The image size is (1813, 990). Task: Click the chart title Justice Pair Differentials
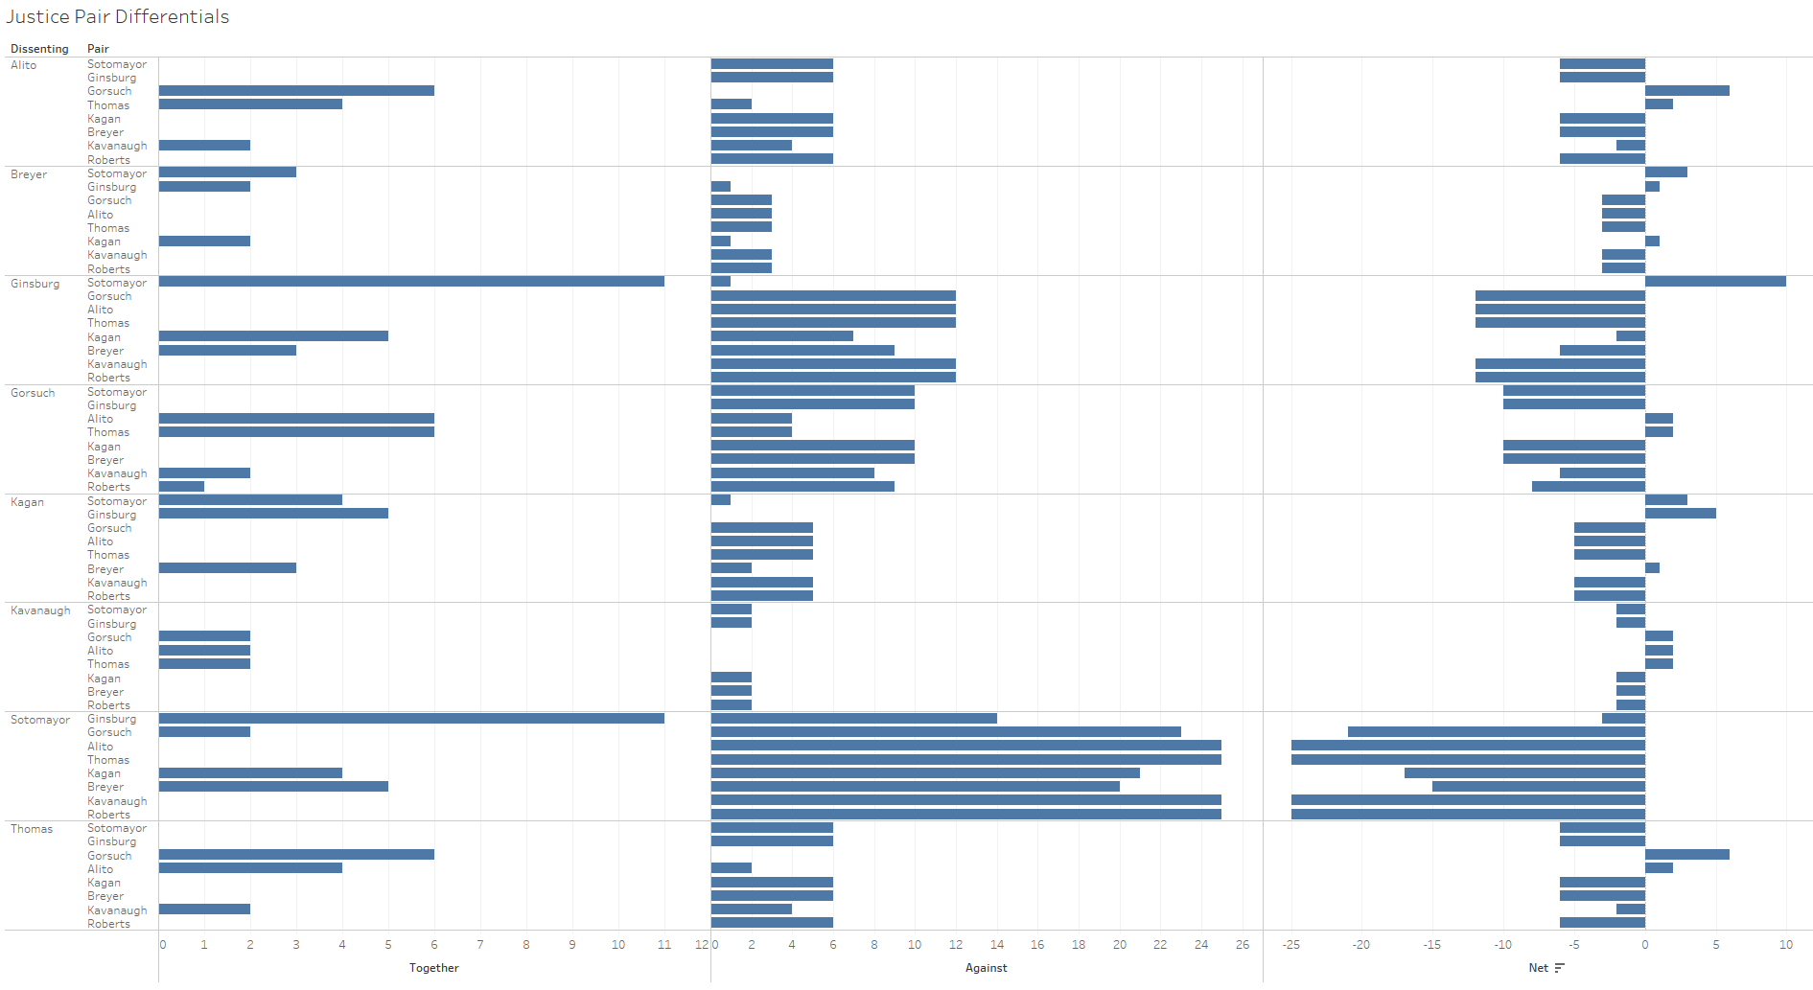tap(118, 17)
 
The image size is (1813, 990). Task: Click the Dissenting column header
tap(39, 49)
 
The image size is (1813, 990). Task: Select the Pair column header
tap(98, 49)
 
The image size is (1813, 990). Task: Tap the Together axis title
tap(433, 968)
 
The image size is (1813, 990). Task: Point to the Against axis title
tap(986, 968)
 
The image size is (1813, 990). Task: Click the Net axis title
tap(1538, 968)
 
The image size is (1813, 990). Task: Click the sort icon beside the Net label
tap(1560, 968)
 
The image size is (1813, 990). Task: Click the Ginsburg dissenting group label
tap(35, 284)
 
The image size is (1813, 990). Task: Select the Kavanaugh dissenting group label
tap(40, 610)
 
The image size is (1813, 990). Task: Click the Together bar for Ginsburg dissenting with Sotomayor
tap(411, 282)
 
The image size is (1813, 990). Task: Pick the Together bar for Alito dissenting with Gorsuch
tap(296, 91)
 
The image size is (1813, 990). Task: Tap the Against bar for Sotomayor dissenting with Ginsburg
tap(853, 718)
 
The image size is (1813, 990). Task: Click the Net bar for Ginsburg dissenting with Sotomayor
tap(1715, 282)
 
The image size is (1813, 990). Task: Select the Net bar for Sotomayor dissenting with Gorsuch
tap(1496, 732)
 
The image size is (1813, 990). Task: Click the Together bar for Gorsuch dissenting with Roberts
tap(181, 487)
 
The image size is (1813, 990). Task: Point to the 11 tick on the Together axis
tap(663, 945)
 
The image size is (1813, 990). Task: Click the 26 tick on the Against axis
tap(1243, 945)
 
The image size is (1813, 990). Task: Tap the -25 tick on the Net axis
tap(1291, 945)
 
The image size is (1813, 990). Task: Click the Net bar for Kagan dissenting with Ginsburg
tap(1680, 514)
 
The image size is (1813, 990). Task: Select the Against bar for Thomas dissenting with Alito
tap(732, 868)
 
